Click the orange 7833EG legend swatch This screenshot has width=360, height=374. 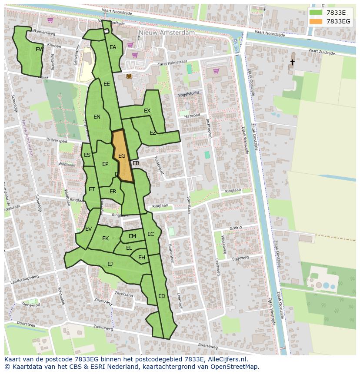(316, 21)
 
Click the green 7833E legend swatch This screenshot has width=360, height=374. (316, 13)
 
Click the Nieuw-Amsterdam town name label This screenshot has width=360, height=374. (167, 33)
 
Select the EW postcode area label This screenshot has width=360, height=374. (39, 50)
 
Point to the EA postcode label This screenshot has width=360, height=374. (113, 47)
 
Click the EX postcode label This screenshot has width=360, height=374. (147, 111)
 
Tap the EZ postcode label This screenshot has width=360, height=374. (153, 133)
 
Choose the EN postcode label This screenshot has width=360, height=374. (97, 116)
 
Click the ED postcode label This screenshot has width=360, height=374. (162, 296)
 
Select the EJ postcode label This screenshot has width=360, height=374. (110, 264)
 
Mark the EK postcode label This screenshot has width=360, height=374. (105, 238)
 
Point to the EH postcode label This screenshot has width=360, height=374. (142, 258)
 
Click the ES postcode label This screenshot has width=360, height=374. (87, 155)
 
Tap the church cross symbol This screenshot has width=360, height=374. (292, 63)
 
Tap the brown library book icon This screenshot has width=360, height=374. (129, 76)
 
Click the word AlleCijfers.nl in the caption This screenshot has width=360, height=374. (227, 359)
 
